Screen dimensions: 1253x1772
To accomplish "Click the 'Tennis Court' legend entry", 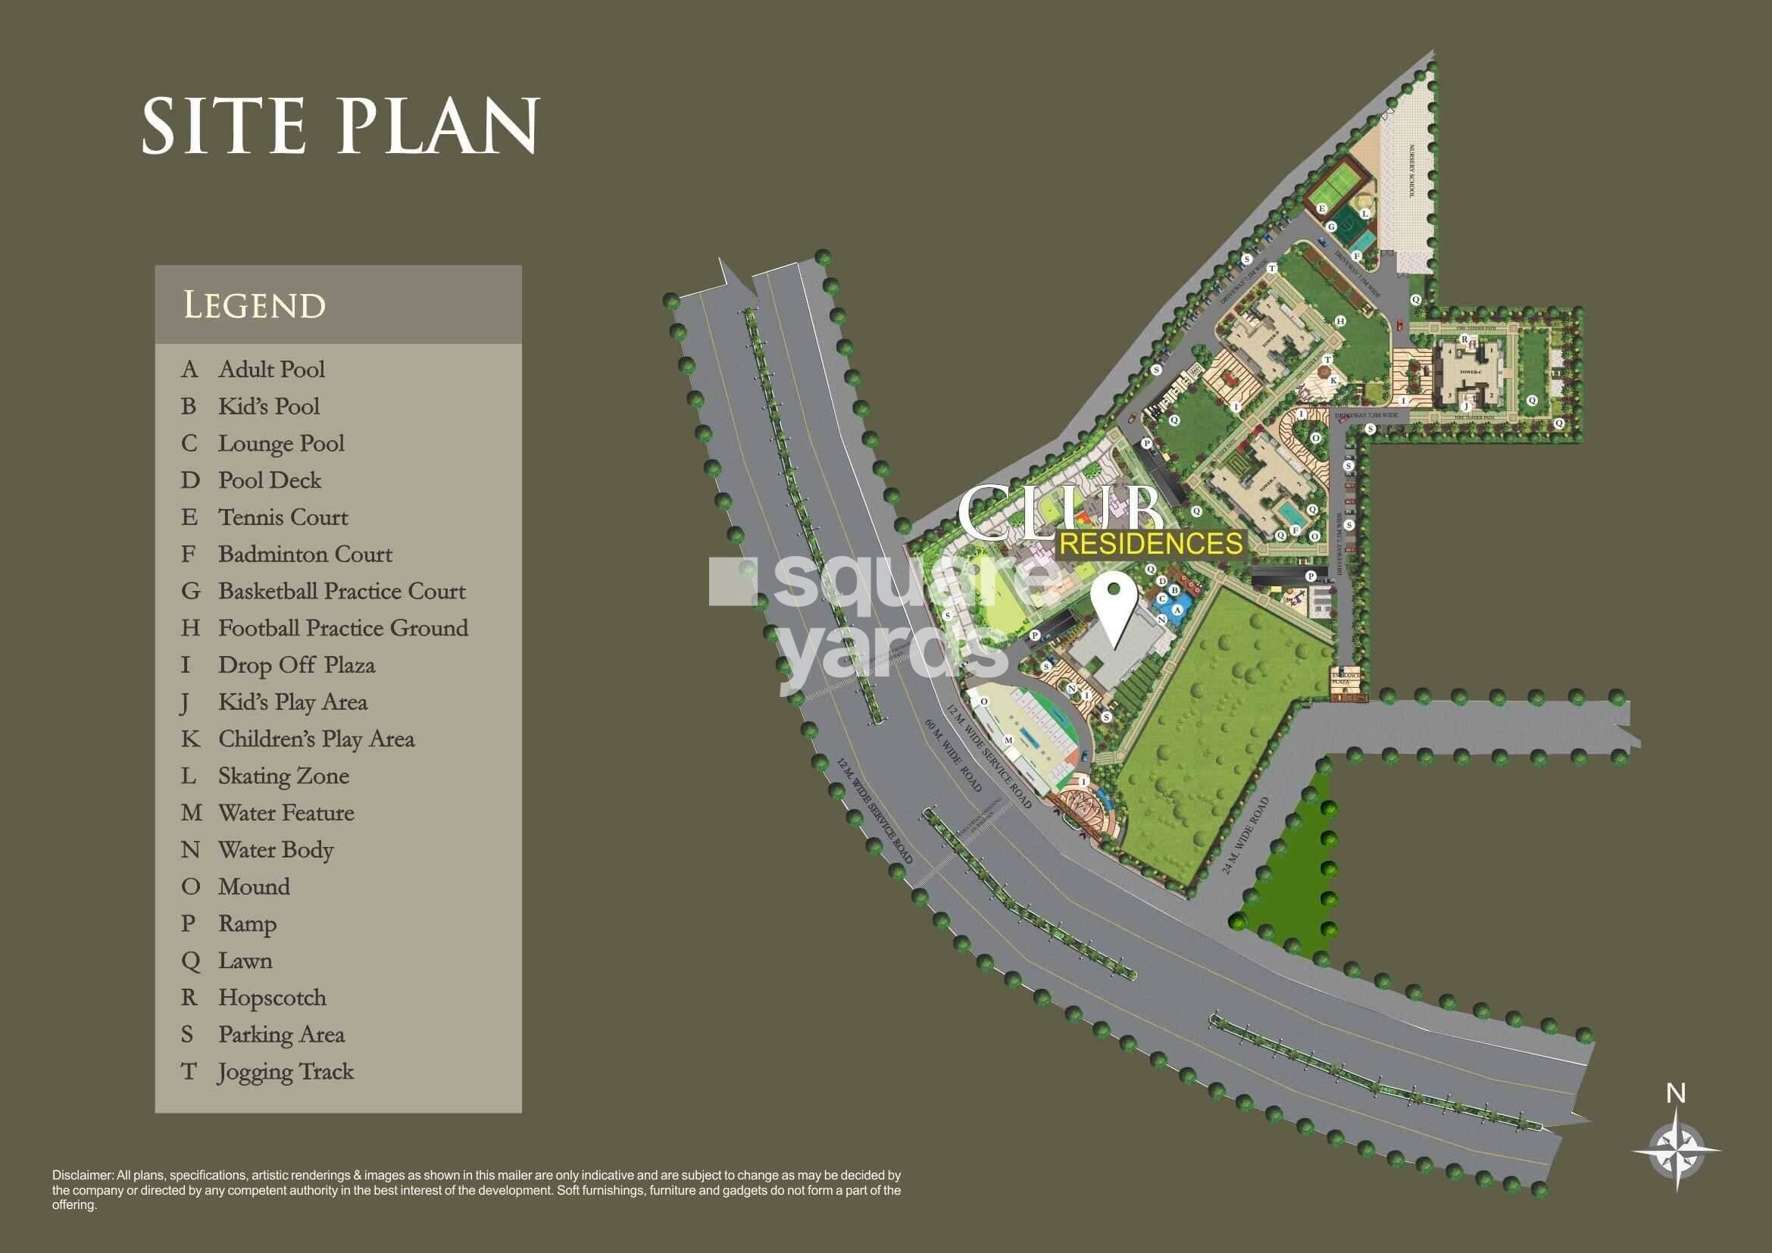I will (x=283, y=517).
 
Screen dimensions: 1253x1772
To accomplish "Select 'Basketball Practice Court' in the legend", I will (x=341, y=591).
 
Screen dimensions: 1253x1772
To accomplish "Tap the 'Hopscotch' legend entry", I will (x=272, y=998).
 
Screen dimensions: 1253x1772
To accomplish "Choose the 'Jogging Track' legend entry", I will (x=286, y=1072).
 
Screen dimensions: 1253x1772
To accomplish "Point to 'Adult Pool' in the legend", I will (x=271, y=370).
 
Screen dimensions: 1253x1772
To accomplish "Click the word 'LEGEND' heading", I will (x=255, y=305).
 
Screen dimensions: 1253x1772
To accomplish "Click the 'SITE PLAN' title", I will (x=340, y=125).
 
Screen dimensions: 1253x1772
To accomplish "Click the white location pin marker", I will (x=1113, y=601).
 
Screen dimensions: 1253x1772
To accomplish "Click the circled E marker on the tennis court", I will (x=1322, y=208).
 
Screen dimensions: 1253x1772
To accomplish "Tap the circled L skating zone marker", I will (x=1364, y=213).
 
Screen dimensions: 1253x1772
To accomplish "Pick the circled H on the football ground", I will (x=1341, y=320).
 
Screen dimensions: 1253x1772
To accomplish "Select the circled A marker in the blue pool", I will (x=1177, y=609).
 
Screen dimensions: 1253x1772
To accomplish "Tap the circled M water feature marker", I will (x=1007, y=740).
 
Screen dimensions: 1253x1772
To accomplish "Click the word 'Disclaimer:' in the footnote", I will (x=83, y=1176).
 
